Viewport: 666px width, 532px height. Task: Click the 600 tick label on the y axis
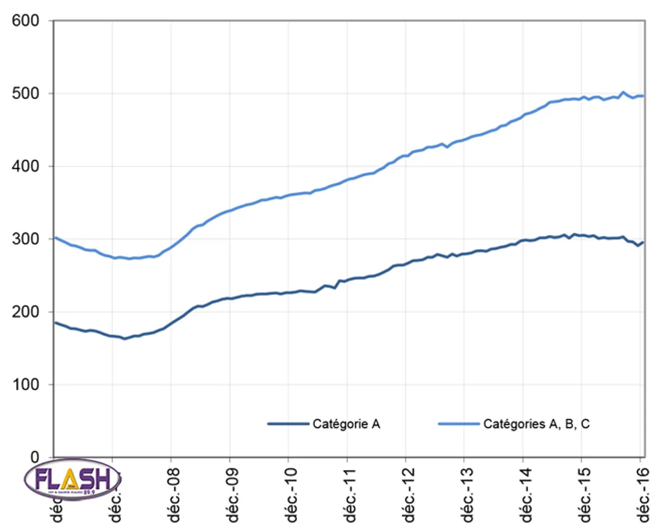click(27, 21)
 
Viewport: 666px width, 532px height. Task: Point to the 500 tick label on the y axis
click(27, 94)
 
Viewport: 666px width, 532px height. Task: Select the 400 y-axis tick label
click(27, 166)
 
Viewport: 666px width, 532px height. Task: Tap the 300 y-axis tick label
click(27, 239)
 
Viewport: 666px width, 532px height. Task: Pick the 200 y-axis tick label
click(27, 312)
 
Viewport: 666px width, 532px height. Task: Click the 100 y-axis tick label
click(27, 385)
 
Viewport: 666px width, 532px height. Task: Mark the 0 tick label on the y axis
click(35, 458)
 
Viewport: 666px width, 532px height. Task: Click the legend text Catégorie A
click(346, 424)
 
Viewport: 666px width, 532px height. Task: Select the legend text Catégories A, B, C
click(536, 424)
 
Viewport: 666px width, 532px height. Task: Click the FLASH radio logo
click(73, 481)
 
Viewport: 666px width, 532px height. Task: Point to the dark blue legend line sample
click(288, 424)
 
